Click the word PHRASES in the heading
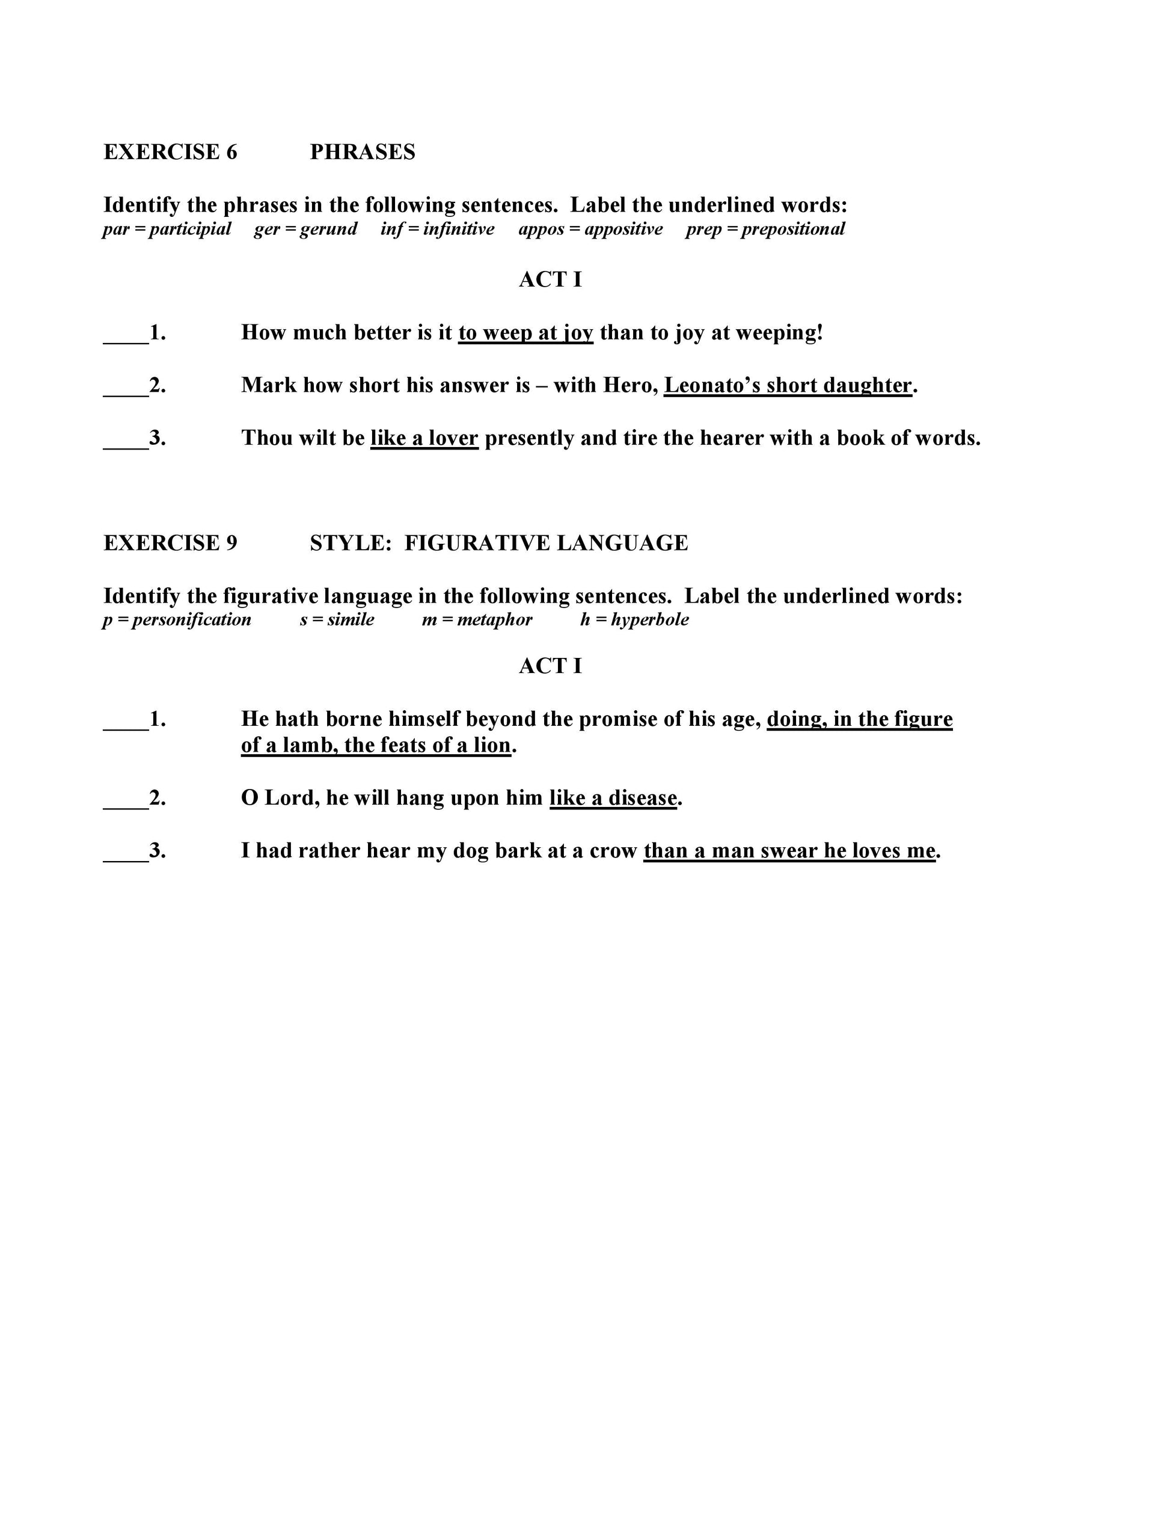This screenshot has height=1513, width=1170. point(362,151)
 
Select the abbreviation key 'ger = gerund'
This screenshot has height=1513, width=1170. point(305,230)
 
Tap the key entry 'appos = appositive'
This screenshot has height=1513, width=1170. point(590,230)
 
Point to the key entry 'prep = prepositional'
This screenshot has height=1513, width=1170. point(765,230)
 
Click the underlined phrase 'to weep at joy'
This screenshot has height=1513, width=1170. point(525,332)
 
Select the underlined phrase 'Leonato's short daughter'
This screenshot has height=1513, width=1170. point(788,385)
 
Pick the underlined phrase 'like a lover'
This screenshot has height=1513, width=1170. point(424,438)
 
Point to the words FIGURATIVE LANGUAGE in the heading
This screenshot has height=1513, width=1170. point(546,543)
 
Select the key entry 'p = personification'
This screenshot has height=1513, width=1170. point(177,620)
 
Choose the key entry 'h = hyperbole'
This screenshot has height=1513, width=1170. point(634,620)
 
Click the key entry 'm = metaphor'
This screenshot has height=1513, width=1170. point(477,620)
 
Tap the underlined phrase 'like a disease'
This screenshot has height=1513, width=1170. point(613,798)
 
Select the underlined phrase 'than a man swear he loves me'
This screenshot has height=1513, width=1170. point(789,851)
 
